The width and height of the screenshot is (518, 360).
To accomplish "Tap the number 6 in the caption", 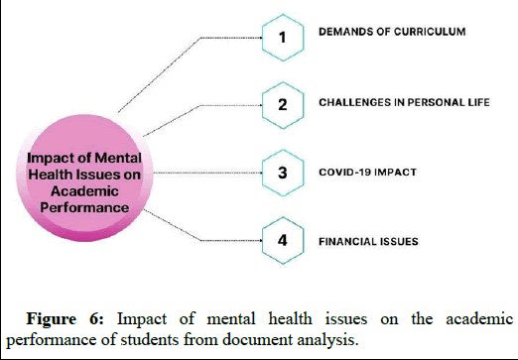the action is (x=102, y=318).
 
